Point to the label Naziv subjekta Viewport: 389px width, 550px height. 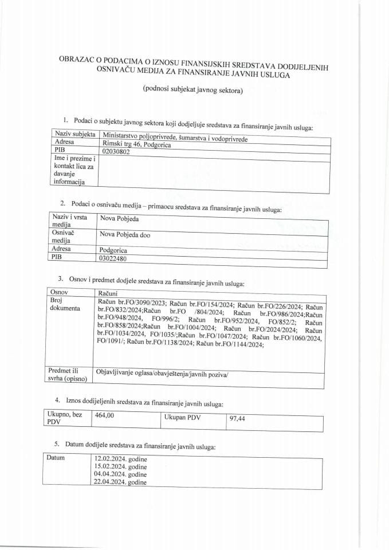tap(73, 134)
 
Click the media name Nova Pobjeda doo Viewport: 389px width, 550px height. tap(125, 234)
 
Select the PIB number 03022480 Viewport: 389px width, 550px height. tap(113, 258)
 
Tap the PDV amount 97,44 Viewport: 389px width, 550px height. tap(237, 419)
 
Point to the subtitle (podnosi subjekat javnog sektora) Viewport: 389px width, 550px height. tap(193, 90)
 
